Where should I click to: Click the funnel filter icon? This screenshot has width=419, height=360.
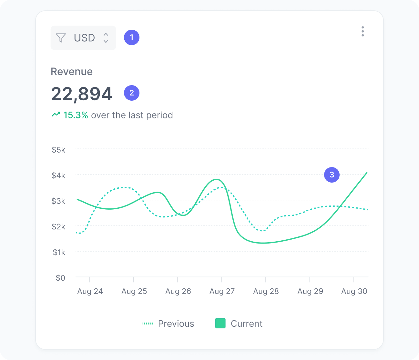coord(61,38)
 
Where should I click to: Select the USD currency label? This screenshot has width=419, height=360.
coord(84,38)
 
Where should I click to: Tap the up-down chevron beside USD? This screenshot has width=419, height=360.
coord(106,38)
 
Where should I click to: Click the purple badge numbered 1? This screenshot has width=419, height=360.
coord(132,37)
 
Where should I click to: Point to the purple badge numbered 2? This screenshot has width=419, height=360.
coord(132,93)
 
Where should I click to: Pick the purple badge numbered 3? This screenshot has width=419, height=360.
coord(332,175)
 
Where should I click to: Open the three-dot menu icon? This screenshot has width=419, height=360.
coord(363,31)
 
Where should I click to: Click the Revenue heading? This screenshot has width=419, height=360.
coord(72,72)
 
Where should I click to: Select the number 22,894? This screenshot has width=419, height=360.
coord(82,94)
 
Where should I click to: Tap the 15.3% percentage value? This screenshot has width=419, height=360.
coord(76,115)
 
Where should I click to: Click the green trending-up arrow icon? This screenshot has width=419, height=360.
coord(56,114)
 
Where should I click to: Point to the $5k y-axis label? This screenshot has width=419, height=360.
coord(58,150)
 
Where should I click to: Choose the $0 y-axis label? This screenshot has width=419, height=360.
coord(60,278)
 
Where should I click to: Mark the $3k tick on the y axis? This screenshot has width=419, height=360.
coord(58,201)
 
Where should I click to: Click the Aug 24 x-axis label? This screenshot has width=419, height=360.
coord(90,291)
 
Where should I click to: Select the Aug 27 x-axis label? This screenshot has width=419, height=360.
coord(222,291)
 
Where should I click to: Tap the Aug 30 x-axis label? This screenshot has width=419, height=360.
coord(354,291)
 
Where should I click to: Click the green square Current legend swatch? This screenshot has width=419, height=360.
coord(220,323)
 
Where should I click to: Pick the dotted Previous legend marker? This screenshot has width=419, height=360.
coord(148,323)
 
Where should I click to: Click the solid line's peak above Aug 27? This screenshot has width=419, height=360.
coord(217,179)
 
